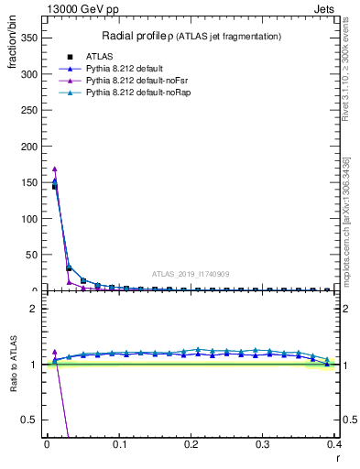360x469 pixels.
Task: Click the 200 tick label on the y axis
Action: [x=28, y=147]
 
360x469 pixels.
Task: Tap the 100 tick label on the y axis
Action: [x=28, y=219]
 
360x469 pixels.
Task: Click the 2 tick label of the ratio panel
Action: [x=33, y=309]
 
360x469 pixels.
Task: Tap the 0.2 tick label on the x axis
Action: [x=191, y=443]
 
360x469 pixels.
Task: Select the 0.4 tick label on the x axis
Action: [x=335, y=443]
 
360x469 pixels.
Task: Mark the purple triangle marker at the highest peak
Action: [x=54, y=169]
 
